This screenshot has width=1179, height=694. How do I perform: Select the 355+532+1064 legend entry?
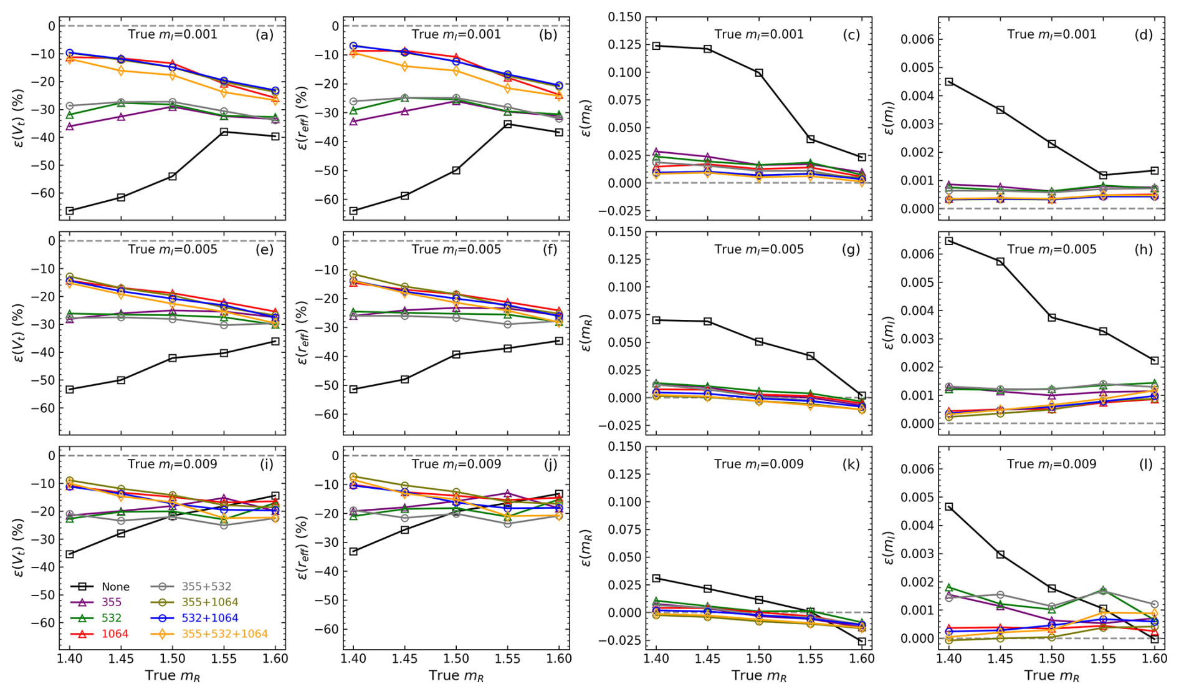224,634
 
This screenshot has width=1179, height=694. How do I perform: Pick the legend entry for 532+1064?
209,618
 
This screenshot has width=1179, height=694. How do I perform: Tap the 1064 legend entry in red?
115,634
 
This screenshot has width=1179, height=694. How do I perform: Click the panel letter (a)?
264,35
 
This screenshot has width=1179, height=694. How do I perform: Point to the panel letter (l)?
1146,464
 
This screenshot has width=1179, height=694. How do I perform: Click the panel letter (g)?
851,249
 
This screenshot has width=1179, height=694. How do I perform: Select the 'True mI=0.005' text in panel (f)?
456,249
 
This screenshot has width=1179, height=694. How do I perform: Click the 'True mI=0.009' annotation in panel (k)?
758,464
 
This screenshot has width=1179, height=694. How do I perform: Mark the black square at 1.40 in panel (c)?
656,46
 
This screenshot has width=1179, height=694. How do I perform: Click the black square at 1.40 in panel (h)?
949,241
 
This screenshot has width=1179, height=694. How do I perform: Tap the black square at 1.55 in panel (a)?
224,132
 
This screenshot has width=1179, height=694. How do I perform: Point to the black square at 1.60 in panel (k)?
862,641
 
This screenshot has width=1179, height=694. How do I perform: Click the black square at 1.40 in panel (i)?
70,554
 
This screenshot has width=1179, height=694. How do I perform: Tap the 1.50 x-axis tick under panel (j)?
456,659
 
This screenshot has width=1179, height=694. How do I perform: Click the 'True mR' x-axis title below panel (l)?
1051,676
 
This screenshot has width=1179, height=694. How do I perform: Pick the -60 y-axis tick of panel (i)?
44,623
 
